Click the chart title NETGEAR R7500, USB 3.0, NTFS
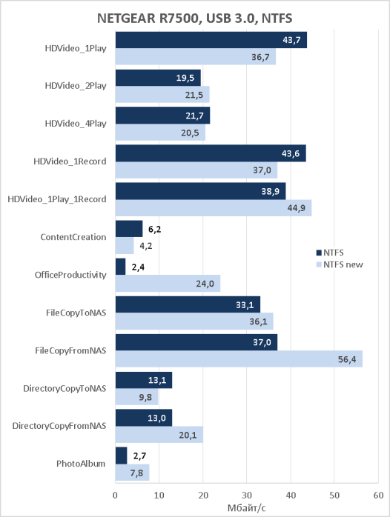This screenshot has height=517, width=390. click(195, 19)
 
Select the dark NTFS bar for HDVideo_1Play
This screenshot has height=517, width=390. click(211, 40)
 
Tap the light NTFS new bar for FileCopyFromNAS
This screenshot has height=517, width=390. click(239, 358)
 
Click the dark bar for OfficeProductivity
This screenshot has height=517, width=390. click(120, 267)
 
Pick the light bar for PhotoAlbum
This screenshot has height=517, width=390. click(132, 473)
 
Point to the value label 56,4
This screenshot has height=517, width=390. click(347, 359)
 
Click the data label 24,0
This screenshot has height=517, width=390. click(205, 284)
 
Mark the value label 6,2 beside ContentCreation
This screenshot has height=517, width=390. click(154, 230)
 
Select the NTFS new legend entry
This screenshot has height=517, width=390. click(340, 264)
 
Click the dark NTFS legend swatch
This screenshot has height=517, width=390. click(319, 253)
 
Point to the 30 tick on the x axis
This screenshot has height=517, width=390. click(247, 495)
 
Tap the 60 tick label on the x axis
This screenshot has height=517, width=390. click(378, 495)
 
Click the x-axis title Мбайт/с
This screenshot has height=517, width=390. click(246, 508)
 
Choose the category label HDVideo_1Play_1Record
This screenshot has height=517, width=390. click(57, 199)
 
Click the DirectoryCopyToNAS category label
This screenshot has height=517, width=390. click(65, 388)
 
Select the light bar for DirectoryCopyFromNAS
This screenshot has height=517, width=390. click(159, 435)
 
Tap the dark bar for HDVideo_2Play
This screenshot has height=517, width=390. click(158, 78)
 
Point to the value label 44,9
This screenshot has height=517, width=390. click(297, 208)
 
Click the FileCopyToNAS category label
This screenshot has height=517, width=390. click(76, 313)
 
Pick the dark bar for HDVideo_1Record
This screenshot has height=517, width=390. click(211, 153)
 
